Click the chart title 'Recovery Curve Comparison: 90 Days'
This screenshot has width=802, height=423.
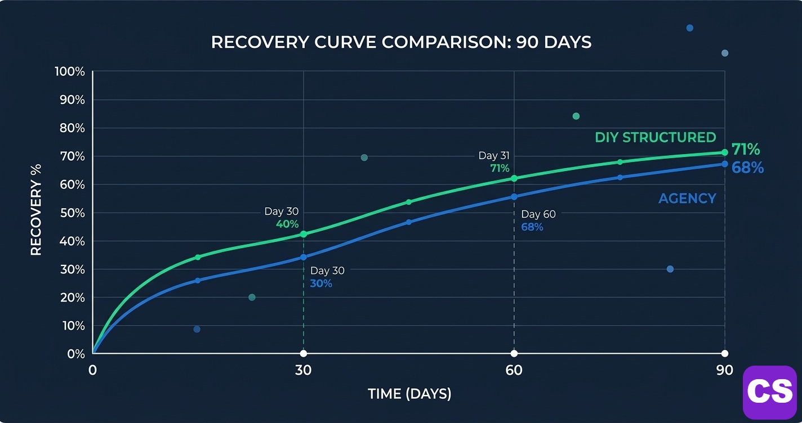tap(401, 42)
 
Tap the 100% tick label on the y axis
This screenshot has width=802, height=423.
tap(70, 72)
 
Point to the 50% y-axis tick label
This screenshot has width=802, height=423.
tap(72, 213)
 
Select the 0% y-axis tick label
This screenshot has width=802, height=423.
tap(75, 354)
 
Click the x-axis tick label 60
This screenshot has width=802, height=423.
tap(514, 370)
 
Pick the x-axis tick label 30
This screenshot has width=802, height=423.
tap(303, 370)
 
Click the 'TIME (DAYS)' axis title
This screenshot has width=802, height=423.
tap(409, 394)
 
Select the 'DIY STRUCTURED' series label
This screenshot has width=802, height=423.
tap(655, 137)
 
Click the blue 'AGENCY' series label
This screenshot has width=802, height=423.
tap(687, 198)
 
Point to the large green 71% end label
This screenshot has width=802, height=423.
tap(745, 150)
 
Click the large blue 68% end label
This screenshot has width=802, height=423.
tap(747, 168)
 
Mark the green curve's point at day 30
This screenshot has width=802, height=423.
tap(303, 234)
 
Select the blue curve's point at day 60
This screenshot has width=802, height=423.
tap(514, 196)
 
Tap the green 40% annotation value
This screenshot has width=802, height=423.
tap(287, 224)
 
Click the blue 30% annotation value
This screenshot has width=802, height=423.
tap(321, 283)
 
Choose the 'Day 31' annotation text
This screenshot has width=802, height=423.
tap(493, 156)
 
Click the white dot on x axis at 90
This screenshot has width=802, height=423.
tap(724, 353)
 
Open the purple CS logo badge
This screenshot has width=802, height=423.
tap(769, 391)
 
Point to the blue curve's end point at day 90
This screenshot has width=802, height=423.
tap(724, 164)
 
